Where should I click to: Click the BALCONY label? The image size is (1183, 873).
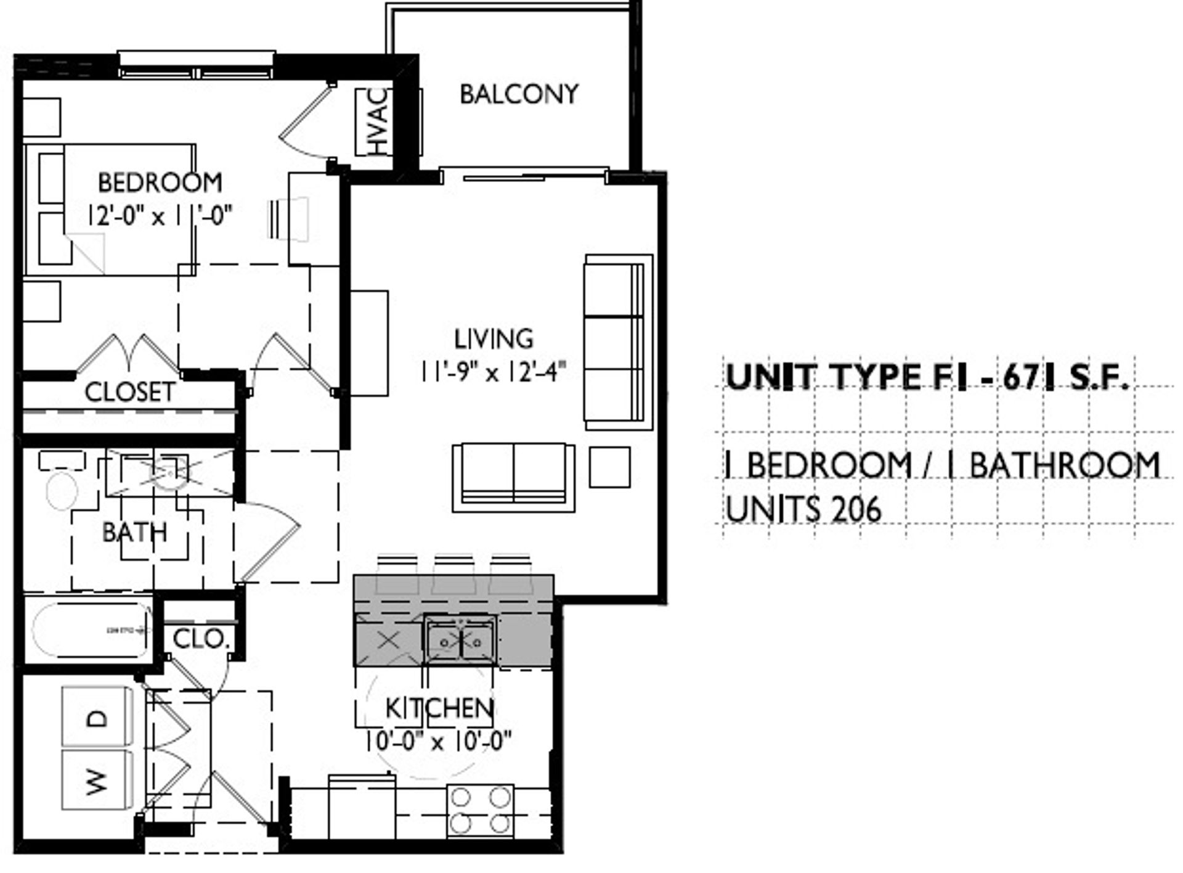[519, 94]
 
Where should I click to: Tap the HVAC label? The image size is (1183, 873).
[379, 121]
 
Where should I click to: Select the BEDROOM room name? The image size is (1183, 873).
[160, 182]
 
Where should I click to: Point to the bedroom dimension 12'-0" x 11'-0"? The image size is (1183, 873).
[160, 216]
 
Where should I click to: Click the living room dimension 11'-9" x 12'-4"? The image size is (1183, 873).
[493, 372]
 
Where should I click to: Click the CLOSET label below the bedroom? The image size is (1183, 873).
[129, 392]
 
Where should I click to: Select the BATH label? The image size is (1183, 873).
[134, 532]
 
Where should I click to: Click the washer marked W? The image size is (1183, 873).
[97, 780]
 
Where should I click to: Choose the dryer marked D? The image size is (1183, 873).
[97, 717]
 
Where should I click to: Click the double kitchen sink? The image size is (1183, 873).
[460, 640]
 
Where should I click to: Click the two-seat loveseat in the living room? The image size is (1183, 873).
[513, 477]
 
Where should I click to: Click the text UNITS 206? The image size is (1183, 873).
[803, 510]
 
